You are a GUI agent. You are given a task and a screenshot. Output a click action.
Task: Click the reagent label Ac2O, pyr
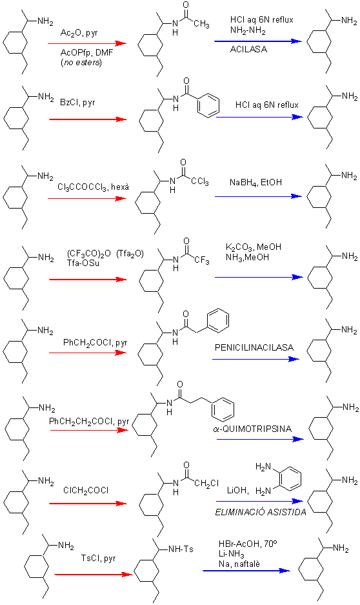(x=79, y=34)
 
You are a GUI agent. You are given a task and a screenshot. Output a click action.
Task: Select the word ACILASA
(x=248, y=49)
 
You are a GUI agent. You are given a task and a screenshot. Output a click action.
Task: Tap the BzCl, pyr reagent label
(x=77, y=103)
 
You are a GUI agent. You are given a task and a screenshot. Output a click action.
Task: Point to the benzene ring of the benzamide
(x=208, y=105)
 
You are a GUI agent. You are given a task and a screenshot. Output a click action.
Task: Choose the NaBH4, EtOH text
(x=255, y=182)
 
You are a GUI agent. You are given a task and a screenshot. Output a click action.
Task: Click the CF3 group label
(x=202, y=261)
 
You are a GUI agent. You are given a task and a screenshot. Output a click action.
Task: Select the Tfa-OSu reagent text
(x=83, y=263)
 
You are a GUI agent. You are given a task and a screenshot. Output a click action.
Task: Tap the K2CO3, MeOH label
(x=254, y=247)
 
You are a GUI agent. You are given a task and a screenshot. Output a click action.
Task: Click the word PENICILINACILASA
(x=254, y=347)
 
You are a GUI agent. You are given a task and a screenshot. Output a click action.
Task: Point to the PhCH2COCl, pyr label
(x=95, y=343)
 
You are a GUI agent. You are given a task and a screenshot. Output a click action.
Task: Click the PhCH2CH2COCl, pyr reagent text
(x=89, y=422)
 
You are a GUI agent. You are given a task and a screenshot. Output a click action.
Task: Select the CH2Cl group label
(x=207, y=484)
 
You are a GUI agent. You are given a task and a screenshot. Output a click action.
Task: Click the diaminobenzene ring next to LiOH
(x=290, y=479)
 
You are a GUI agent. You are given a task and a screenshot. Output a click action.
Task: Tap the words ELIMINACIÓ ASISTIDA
(x=261, y=513)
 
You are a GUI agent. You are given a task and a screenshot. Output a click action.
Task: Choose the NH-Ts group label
(x=181, y=549)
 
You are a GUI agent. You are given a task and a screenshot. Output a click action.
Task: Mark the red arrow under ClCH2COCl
(x=88, y=504)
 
